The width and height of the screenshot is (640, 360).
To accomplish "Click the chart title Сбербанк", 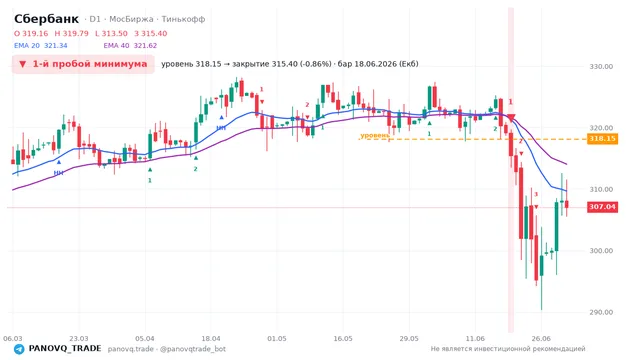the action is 46,19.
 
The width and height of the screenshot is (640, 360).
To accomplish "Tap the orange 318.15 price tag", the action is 602,139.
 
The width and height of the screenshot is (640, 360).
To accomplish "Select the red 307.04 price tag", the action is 602,207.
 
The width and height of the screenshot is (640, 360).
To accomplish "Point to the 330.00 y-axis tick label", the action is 601,67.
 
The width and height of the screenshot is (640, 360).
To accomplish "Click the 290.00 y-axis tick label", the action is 601,312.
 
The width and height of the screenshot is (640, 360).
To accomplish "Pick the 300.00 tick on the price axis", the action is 601,251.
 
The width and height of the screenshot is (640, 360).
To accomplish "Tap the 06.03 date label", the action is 13,338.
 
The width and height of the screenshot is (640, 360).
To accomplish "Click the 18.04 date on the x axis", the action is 211,338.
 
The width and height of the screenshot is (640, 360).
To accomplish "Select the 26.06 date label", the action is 541,338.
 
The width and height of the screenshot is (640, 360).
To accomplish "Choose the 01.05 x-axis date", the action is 277,338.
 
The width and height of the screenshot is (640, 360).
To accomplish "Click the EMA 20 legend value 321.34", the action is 56,45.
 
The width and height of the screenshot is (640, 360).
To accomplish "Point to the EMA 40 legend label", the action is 116,45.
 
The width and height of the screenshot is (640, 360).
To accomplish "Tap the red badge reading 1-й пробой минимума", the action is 83,64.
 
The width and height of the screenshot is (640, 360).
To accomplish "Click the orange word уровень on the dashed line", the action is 375,135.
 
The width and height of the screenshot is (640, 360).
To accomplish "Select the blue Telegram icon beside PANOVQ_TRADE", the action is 19,349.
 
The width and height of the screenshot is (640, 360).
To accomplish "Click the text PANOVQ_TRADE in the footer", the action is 65,348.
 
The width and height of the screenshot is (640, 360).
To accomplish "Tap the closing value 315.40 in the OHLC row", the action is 154,33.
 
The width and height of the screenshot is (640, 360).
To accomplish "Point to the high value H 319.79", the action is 71,33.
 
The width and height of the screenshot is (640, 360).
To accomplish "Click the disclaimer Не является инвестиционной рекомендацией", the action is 508,349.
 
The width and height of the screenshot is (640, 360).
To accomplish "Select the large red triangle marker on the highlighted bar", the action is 511,118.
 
